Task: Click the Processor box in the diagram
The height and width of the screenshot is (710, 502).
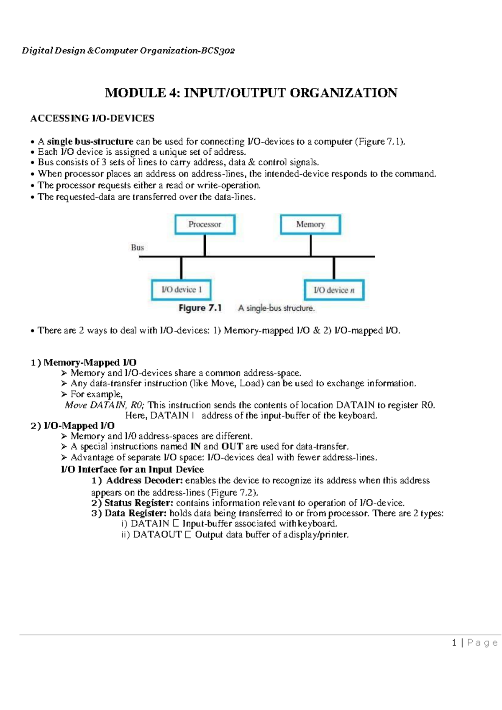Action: [205, 225]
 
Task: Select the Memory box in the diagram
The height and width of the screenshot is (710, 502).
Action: [310, 225]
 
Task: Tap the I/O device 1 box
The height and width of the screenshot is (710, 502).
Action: [181, 290]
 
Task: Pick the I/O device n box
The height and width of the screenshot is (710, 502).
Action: [334, 290]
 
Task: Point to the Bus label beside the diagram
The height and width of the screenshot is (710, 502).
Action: [137, 248]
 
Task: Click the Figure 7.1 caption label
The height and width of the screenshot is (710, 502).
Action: [200, 308]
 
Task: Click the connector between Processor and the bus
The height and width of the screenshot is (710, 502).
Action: [205, 245]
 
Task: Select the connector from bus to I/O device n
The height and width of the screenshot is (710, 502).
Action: [334, 268]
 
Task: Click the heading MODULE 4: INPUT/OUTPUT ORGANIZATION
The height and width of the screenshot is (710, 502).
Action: [251, 93]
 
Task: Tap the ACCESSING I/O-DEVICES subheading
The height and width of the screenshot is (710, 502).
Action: [92, 118]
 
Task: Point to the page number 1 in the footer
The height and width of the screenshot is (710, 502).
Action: [454, 643]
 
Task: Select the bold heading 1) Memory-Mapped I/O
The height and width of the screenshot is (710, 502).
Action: [84, 363]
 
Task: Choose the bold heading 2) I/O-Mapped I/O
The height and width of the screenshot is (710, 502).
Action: [73, 426]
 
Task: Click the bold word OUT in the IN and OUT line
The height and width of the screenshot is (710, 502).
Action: [232, 447]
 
